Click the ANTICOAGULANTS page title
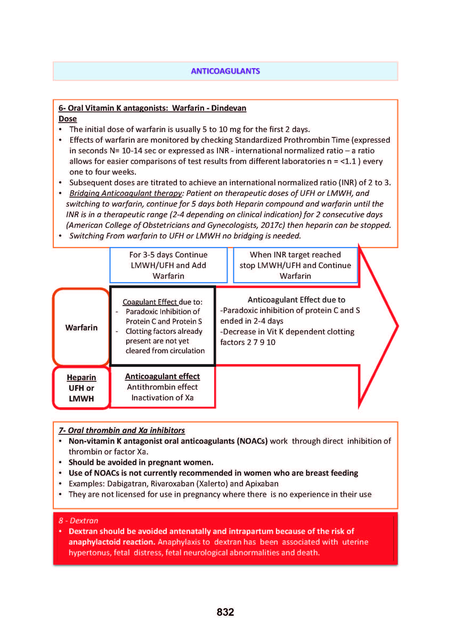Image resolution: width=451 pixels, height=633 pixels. point(225,71)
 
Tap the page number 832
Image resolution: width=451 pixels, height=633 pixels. point(225,612)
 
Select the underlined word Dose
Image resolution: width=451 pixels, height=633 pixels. point(67,119)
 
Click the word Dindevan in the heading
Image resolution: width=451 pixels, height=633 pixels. point(229,108)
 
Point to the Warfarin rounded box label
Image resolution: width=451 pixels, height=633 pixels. point(81,328)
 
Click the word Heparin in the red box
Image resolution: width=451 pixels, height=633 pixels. point(81,377)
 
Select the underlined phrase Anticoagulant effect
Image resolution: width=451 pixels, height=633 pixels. point(162,376)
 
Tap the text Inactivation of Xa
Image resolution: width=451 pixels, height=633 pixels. point(162,398)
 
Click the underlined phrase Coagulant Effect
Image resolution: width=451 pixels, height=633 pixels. point(150,302)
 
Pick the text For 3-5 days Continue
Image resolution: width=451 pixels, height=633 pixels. point(168,255)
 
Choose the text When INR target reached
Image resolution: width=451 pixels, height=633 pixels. point(295,255)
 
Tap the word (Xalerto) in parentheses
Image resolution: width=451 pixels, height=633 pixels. point(212,484)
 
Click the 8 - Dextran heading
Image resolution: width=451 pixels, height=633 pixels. point(78,521)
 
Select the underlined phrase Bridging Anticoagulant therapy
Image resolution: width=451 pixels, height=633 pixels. point(125,193)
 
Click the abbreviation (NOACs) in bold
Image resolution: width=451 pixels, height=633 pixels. point(252,441)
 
